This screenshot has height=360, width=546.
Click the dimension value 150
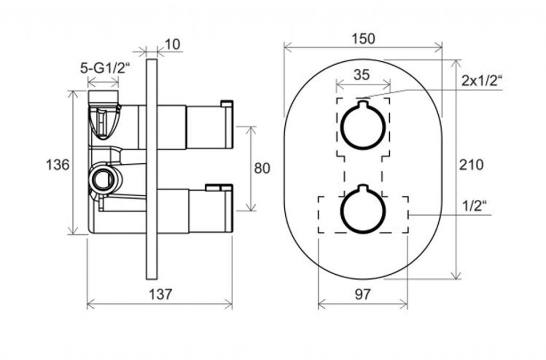pos(363,38)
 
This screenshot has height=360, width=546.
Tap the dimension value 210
pos(471,164)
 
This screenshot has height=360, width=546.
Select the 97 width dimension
pos(363,294)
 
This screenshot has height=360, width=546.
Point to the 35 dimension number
pos(362,74)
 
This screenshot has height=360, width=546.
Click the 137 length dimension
pos(160,294)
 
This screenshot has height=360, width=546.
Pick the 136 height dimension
pos(58,164)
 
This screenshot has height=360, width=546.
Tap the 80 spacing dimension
pos(262,168)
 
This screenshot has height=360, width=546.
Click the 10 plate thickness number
pos(172,45)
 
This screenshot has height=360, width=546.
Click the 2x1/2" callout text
pos(482,81)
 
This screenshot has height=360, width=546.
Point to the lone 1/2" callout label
pos(475,206)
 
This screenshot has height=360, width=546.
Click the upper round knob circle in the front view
pos(363,125)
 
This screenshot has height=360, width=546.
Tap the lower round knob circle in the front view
pos(363,210)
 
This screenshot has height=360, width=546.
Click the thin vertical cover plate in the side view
pos(152,169)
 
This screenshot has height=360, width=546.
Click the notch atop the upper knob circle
pos(363,104)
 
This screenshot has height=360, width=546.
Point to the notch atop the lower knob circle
pos(363,188)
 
